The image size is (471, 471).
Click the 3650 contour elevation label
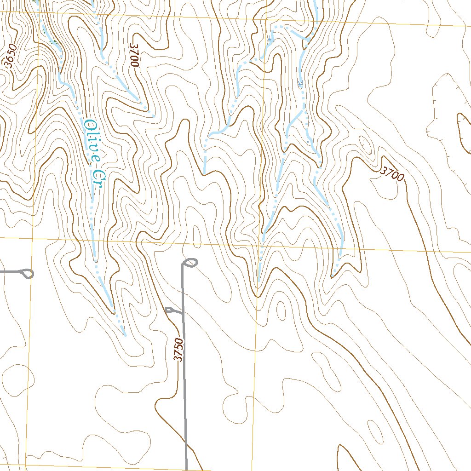coord(11,57)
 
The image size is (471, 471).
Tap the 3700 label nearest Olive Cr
coord(134,56)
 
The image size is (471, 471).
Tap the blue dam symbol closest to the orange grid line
coord(269,40)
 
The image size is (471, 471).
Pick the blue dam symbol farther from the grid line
coord(300,85)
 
